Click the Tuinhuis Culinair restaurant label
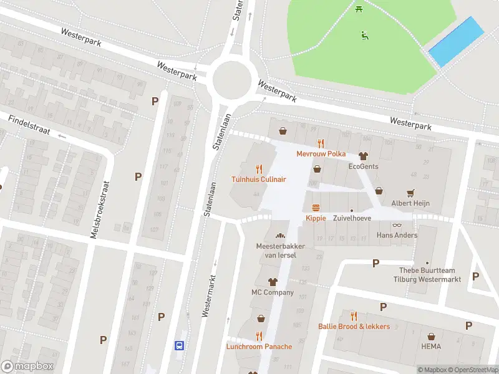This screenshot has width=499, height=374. [259, 179]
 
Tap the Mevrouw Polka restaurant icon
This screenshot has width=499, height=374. [321, 143]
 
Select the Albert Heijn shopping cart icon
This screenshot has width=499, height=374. [410, 192]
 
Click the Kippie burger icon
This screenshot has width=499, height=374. [316, 208]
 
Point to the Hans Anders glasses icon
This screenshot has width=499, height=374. [397, 224]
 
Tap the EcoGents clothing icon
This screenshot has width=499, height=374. [363, 156]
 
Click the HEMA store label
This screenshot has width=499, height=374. [430, 347]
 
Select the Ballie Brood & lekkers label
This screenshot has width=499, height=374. [354, 327]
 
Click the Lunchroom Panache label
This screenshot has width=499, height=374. [259, 347]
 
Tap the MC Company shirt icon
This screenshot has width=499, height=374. [272, 282]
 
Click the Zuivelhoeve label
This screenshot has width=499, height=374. [351, 219]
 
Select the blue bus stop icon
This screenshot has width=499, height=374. [179, 345]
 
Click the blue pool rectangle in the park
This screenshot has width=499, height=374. [457, 42]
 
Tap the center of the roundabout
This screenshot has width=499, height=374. [231, 80]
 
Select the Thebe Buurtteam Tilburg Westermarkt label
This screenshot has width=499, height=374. [430, 275]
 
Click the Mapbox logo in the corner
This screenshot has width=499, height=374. [27, 367]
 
